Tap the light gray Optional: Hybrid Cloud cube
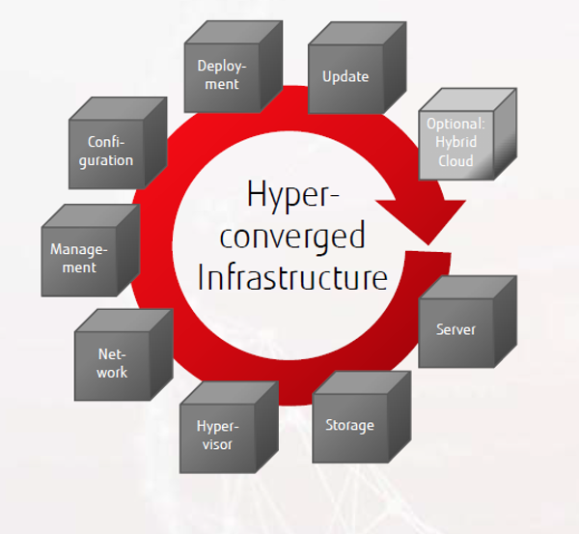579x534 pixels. click(x=456, y=143)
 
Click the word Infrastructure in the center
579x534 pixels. click(x=291, y=277)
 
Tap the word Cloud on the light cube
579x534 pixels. click(x=455, y=161)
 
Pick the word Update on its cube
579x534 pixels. click(x=345, y=75)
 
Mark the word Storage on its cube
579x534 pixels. click(x=348, y=425)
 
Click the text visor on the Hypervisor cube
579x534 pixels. click(x=216, y=444)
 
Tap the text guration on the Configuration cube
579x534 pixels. click(x=106, y=160)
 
